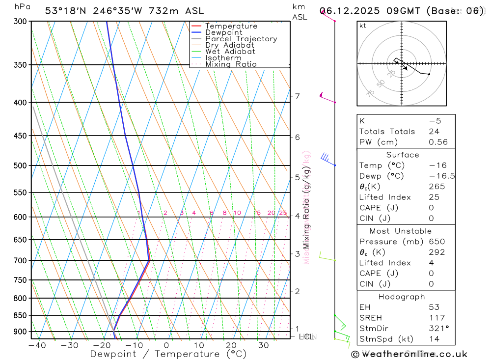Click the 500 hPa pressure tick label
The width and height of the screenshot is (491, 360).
click(21, 166)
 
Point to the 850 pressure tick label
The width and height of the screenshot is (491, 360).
click(21, 315)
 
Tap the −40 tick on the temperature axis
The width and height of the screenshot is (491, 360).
click(37, 345)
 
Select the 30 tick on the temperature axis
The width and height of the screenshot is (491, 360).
click(263, 345)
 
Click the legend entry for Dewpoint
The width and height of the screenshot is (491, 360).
click(223, 32)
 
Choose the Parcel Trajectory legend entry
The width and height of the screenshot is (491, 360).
click(241, 39)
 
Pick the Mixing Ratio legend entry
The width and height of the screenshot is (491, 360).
click(231, 64)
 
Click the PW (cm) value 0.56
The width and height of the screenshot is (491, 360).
click(438, 142)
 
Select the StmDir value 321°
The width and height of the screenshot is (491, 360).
click(438, 329)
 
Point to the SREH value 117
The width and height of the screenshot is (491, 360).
click(436, 318)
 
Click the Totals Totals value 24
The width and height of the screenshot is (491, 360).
click(434, 131)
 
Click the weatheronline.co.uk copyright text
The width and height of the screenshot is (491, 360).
click(409, 354)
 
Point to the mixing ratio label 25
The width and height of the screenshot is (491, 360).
click(283, 213)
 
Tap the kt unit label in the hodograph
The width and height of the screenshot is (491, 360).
click(362, 26)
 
